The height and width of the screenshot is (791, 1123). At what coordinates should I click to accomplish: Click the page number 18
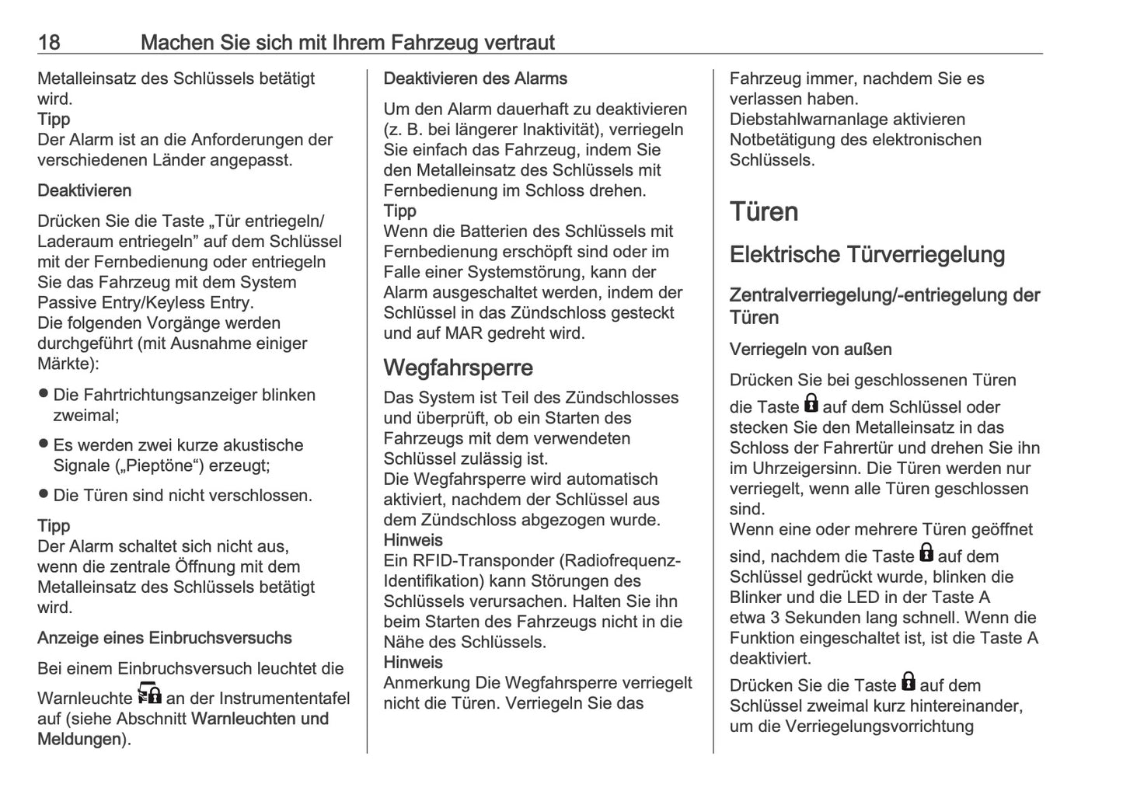(x=49, y=42)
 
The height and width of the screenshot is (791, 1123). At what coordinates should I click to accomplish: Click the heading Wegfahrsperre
(x=458, y=368)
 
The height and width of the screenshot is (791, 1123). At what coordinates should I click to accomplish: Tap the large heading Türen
(x=763, y=211)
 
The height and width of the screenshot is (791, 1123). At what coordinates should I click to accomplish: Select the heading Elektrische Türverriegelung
(x=867, y=255)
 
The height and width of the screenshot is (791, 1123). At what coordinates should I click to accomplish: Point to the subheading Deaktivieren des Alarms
(x=475, y=78)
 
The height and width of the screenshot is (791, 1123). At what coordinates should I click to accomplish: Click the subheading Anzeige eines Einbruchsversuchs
(x=165, y=638)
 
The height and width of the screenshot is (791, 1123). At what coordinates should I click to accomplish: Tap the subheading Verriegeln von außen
(x=811, y=350)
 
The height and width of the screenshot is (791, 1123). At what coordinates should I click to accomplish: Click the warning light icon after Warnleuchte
(x=149, y=694)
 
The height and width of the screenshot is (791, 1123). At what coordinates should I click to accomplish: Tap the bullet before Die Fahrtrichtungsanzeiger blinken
(x=44, y=394)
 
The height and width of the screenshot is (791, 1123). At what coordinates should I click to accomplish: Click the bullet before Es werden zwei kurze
(x=44, y=444)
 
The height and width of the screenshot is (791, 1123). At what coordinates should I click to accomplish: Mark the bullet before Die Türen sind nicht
(x=44, y=494)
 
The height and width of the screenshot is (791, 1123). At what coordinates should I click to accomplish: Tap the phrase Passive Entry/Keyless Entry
(x=145, y=303)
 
